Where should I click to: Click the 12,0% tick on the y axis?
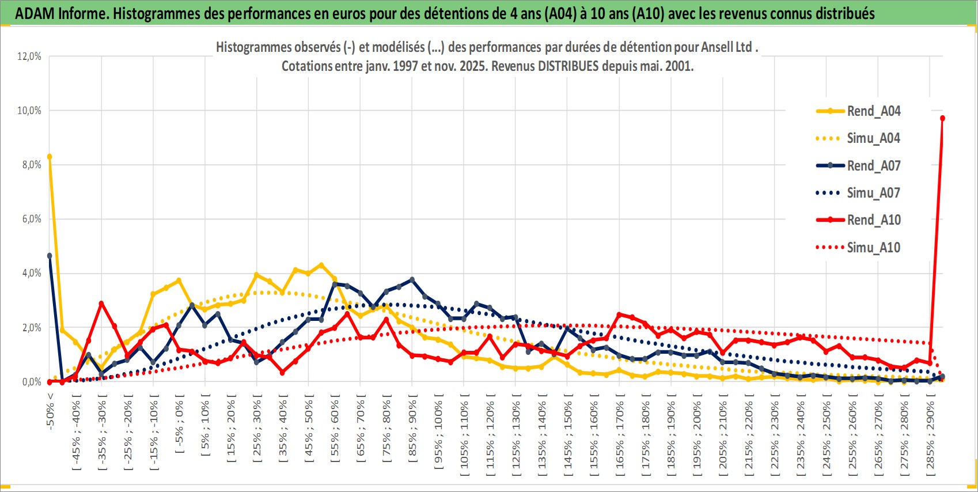click(29, 56)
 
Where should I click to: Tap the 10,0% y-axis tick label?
click(29, 111)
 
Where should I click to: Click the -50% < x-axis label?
click(50, 411)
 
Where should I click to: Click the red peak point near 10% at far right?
click(942, 118)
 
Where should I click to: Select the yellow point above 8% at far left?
click(50, 157)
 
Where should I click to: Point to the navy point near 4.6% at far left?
click(50, 256)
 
